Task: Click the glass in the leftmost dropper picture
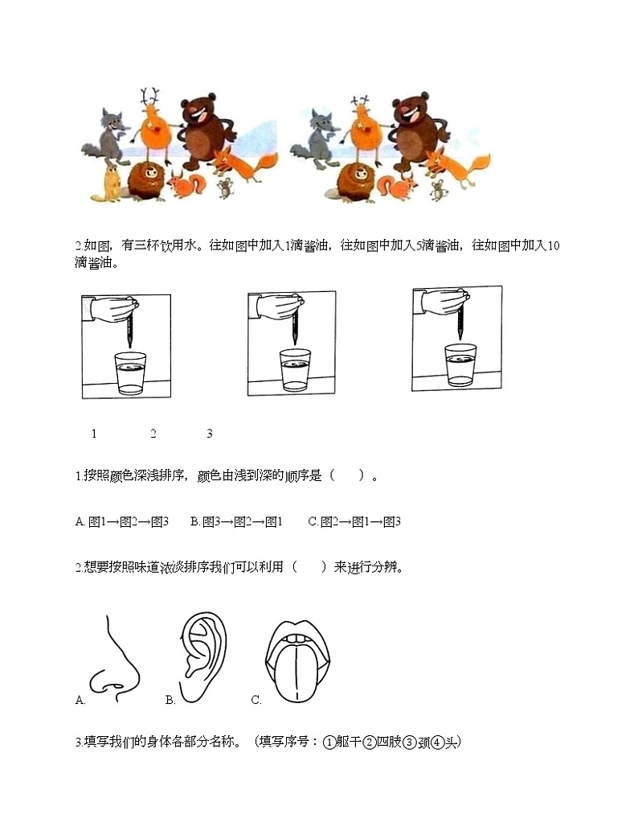coord(130,373)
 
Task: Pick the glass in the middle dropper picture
coord(295,369)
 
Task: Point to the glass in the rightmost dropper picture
coord(460,365)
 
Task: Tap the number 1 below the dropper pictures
coord(94,434)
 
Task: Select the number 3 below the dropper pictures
coord(209,434)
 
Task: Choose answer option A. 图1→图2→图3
coord(122,521)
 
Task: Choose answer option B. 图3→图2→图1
coord(236,521)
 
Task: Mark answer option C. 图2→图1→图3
coord(354,521)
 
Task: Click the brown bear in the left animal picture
coord(207,131)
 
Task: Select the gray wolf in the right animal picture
coord(317,140)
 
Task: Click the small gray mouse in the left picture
coord(226,187)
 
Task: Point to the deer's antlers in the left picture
coord(149,97)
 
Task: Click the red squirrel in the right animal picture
coord(396,187)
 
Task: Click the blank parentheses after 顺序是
coord(346,475)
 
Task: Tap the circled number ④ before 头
coord(437,743)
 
